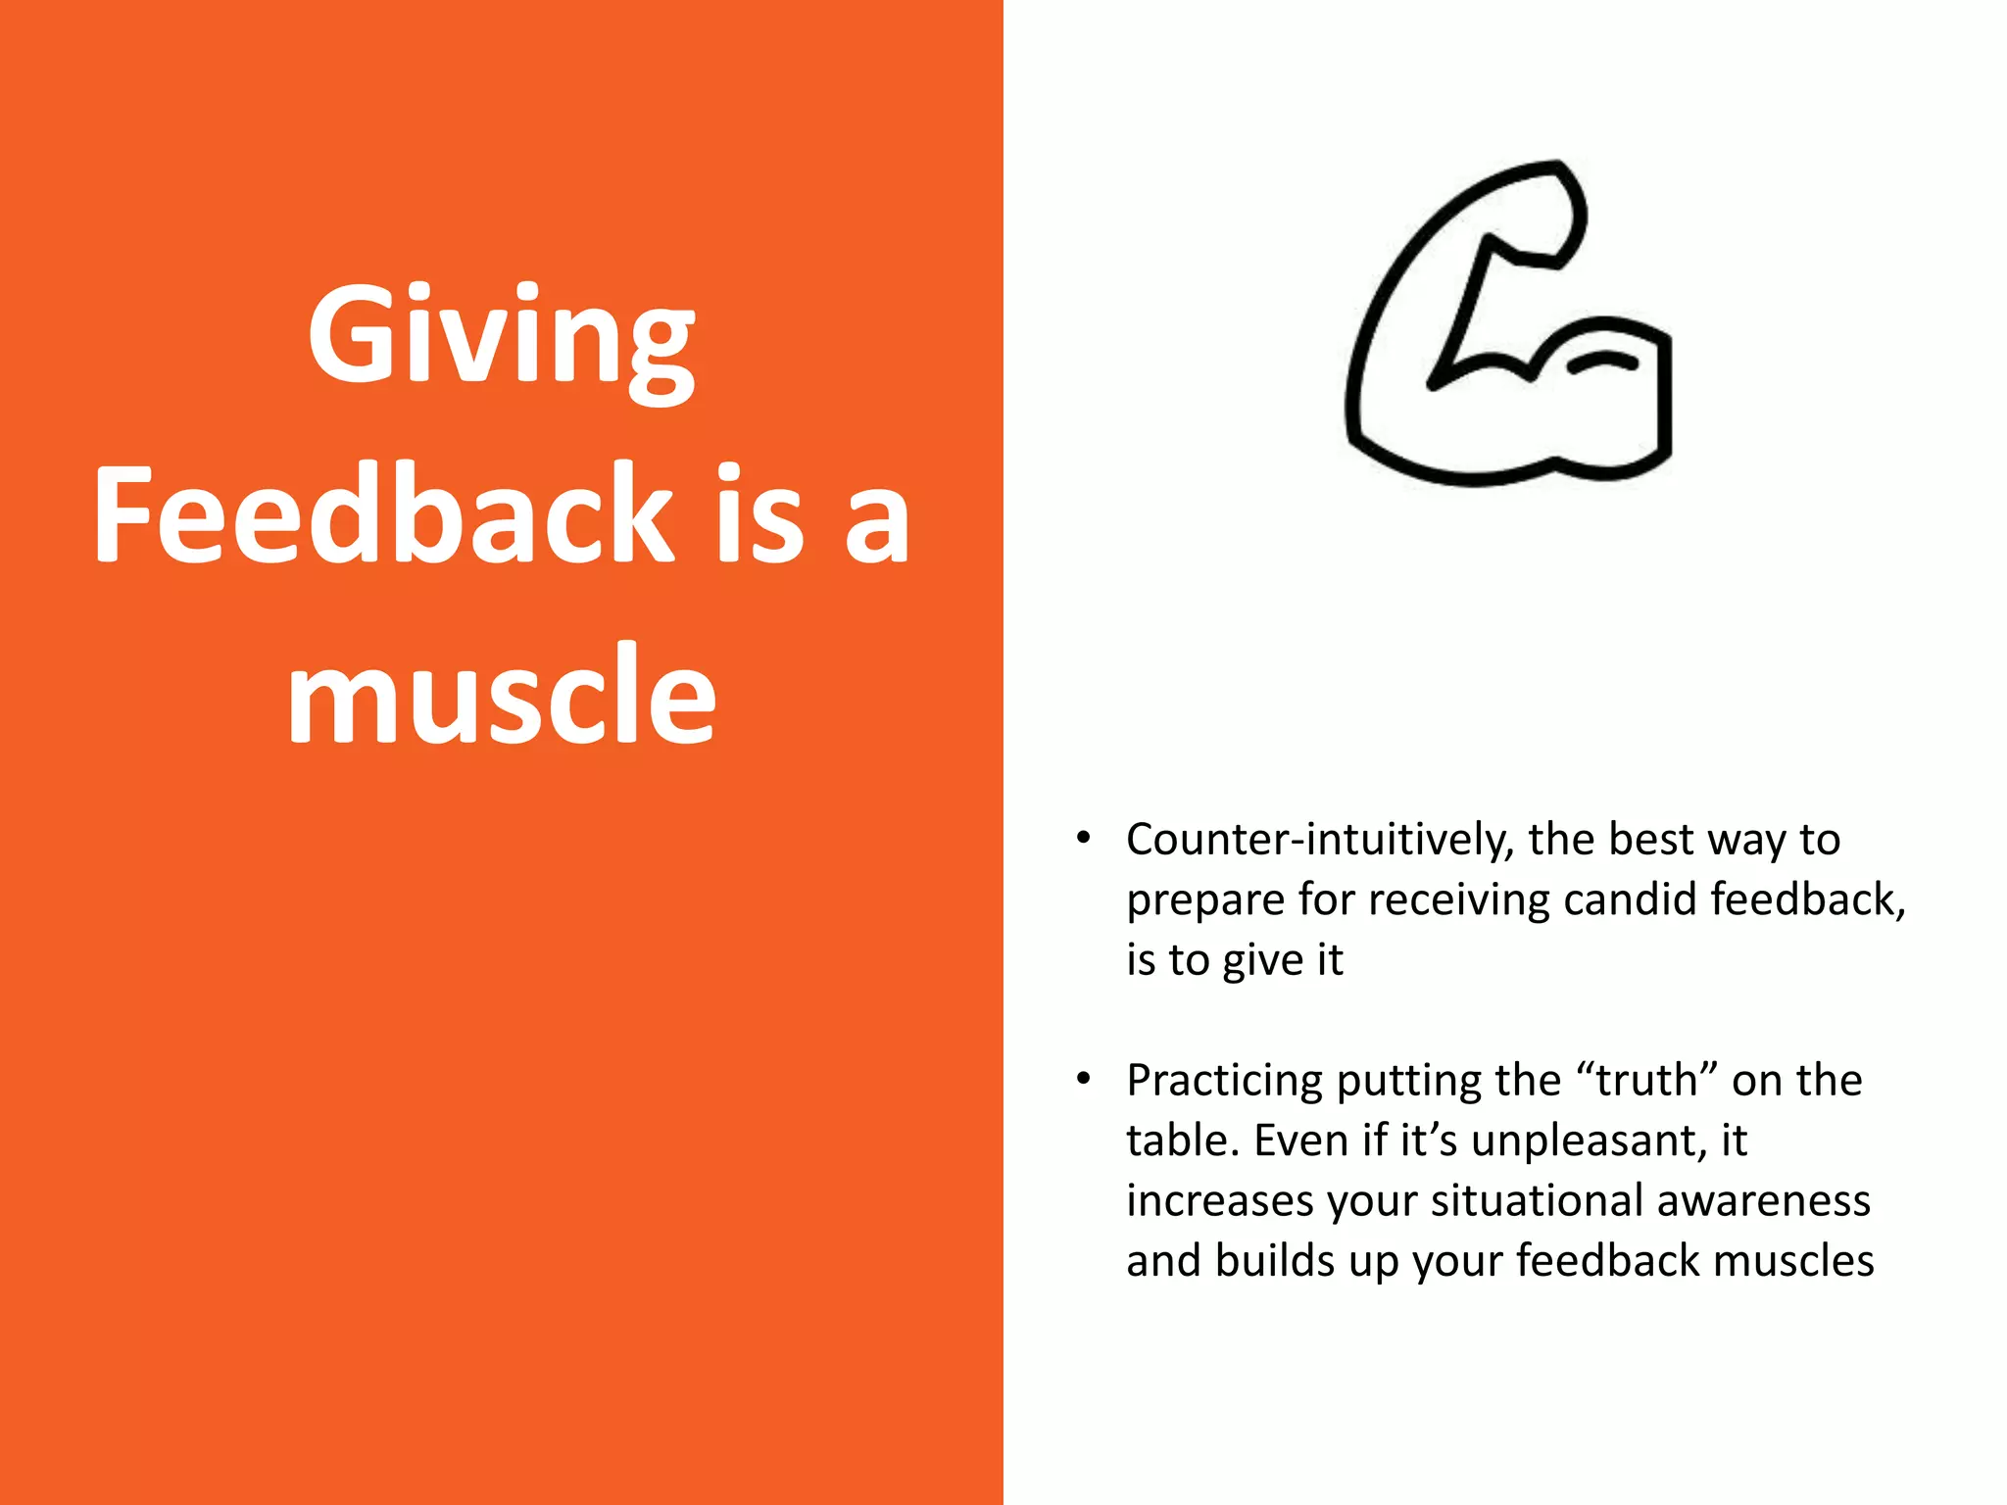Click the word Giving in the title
(501, 338)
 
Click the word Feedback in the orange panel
(383, 516)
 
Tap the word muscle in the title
(501, 696)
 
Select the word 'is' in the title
(759, 516)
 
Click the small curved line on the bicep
(1601, 364)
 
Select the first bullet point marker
(1083, 839)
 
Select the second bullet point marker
(1083, 1080)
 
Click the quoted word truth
(1646, 1081)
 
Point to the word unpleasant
(1589, 1141)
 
